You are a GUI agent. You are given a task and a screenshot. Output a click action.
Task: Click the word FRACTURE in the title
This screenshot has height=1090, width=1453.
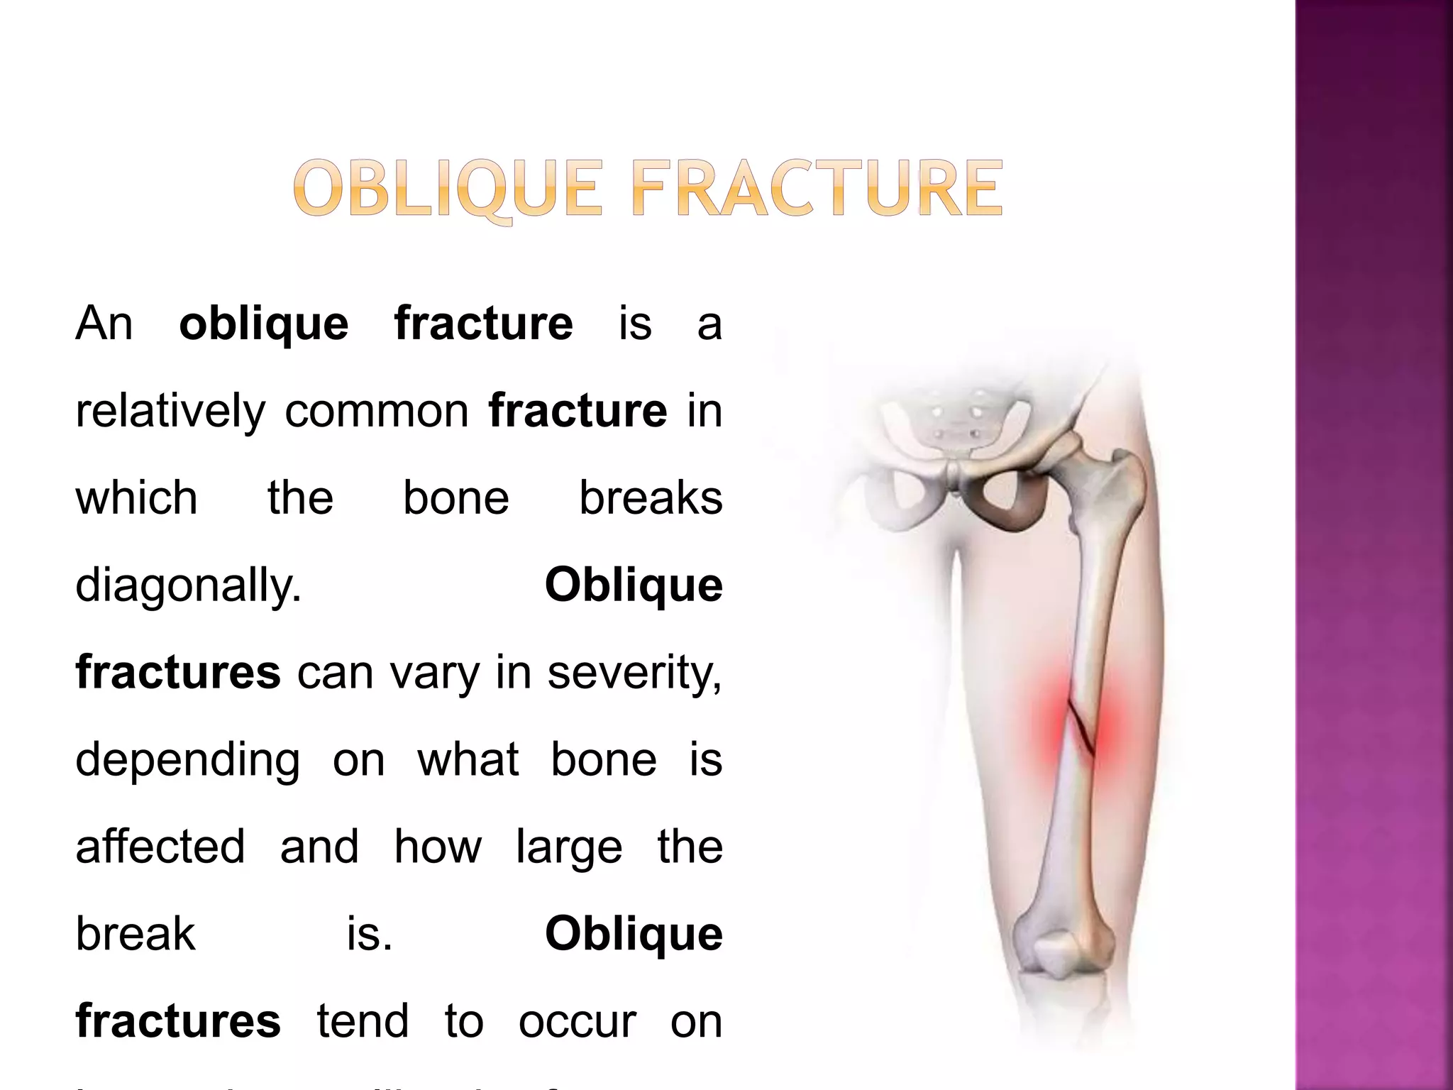(816, 189)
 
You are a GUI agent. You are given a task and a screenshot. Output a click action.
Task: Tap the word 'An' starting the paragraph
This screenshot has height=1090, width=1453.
(104, 324)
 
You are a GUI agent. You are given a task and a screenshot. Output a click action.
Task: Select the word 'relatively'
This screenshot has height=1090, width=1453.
(170, 412)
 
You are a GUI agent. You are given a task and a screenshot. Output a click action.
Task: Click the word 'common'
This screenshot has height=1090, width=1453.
(376, 412)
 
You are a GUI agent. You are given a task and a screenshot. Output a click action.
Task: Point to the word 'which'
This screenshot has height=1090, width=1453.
(136, 498)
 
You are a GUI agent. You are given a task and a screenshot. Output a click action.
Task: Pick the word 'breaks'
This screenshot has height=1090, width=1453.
(651, 498)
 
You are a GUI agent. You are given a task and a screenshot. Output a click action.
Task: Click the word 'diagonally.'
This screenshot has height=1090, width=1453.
(188, 586)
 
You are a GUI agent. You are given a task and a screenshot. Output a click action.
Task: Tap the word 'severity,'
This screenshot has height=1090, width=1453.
(634, 673)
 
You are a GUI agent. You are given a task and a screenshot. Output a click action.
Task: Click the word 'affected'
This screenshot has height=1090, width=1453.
(160, 847)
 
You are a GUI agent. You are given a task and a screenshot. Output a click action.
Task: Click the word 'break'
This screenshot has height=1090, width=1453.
(135, 934)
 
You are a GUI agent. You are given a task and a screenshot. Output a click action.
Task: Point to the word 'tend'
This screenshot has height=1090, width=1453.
(363, 1022)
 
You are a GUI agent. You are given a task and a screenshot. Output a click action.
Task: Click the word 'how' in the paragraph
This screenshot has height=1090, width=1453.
(437, 847)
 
